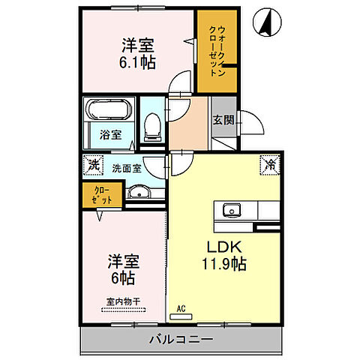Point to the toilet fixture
point(152,125)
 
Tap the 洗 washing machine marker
point(92,163)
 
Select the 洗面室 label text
point(126,168)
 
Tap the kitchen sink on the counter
point(231,209)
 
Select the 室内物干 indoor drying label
point(122,302)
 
